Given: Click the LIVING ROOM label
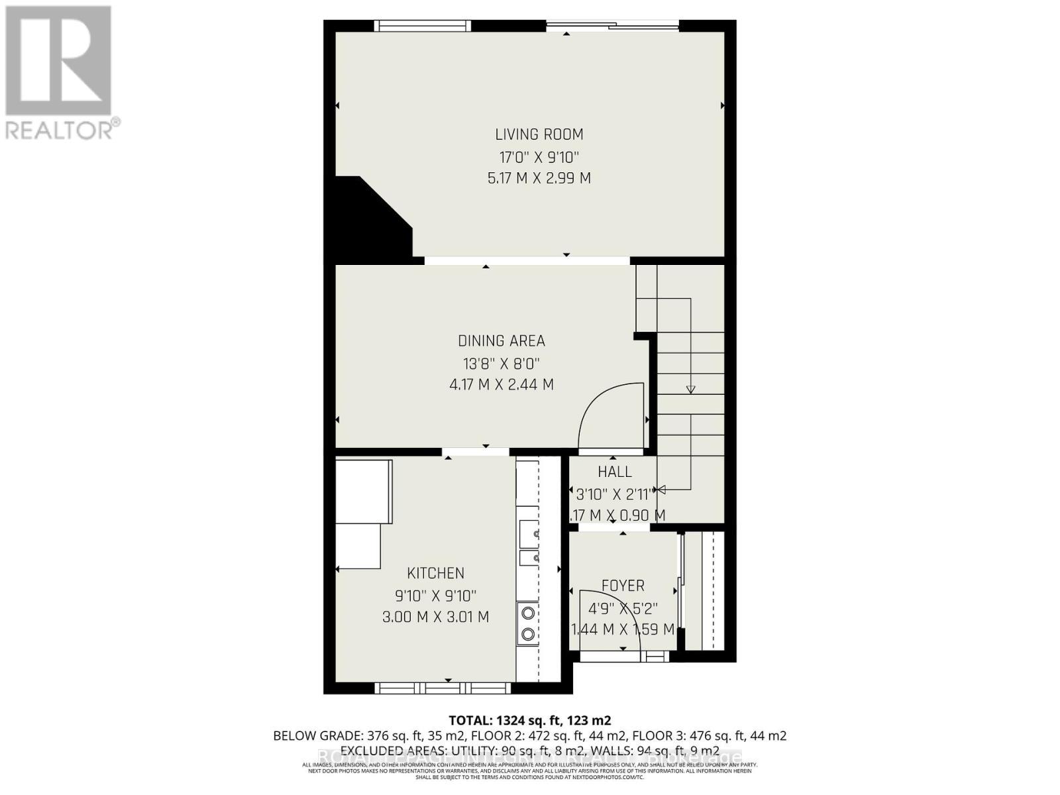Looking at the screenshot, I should click(539, 134).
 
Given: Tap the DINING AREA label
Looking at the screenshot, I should click(502, 341).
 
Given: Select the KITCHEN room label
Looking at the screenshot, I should click(435, 573).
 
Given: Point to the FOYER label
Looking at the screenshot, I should click(623, 586).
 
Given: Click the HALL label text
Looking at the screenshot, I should click(615, 472).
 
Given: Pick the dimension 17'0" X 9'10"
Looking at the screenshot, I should click(539, 158).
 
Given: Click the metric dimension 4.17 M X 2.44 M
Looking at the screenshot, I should click(502, 384).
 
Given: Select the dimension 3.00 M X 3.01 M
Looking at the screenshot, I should click(435, 617).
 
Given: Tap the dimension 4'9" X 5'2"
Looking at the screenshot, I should click(623, 608).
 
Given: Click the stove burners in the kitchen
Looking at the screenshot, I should click(528, 623).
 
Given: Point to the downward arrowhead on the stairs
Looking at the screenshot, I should click(690, 390).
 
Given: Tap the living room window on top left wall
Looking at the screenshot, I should click(422, 26).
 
